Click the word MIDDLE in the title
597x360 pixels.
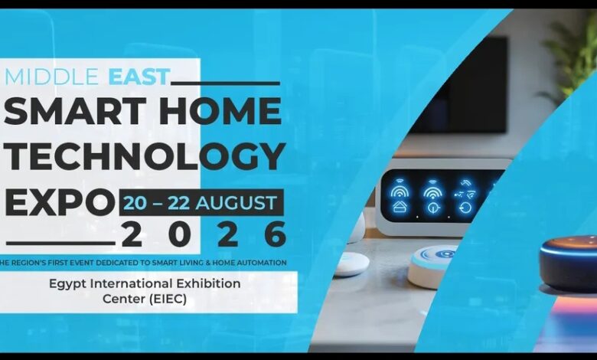pos(51,77)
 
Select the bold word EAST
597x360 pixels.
pos(139,77)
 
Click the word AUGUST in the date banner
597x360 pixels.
pos(236,203)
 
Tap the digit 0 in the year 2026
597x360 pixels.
pos(179,234)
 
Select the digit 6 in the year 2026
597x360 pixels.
pos(276,234)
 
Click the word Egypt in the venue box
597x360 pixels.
pos(68,284)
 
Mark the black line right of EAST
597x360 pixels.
pos(225,83)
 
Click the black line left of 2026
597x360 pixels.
pos(61,243)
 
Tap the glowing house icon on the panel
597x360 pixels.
pos(399,207)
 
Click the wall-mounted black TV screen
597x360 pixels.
pos(459,84)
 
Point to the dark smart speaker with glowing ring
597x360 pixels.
pos(568,263)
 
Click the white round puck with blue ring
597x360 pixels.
pos(433,266)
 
